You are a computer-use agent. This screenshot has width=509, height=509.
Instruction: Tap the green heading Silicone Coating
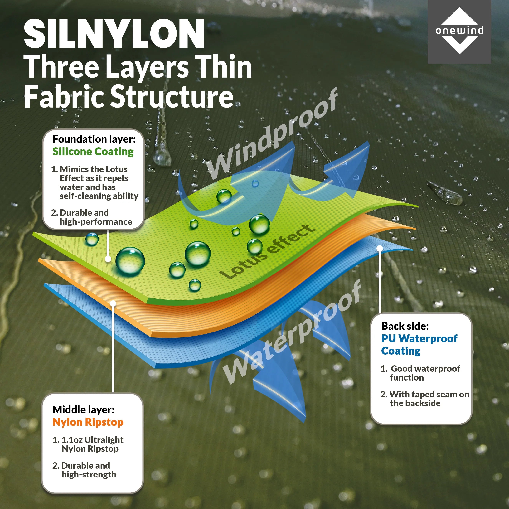(93, 152)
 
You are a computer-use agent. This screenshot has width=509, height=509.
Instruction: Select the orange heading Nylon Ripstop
(88, 422)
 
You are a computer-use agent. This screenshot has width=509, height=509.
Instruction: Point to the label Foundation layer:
(94, 139)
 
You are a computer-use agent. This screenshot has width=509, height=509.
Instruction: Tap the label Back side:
(405, 326)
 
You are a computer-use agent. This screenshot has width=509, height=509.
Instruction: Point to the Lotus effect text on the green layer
(267, 252)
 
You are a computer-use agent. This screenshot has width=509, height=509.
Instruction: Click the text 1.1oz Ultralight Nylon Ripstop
(90, 444)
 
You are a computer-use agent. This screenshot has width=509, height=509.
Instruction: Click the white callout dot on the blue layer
(379, 248)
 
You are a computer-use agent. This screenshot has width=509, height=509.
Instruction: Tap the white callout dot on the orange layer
(113, 304)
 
